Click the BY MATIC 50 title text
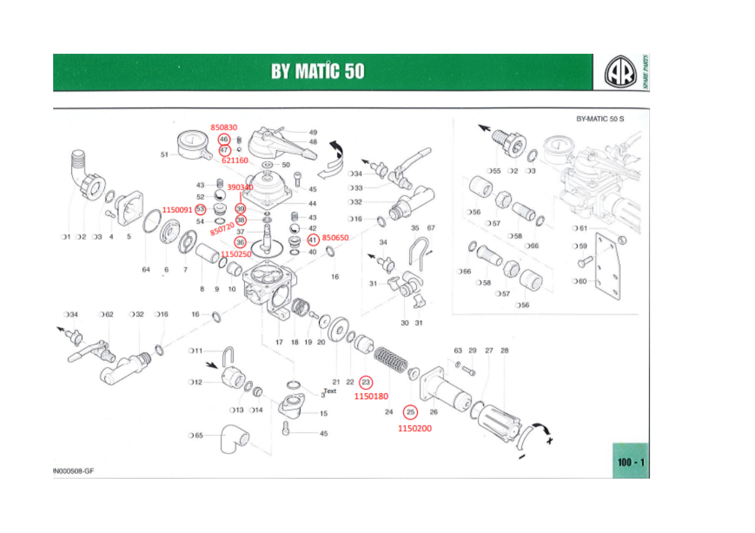click(318, 71)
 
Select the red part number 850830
click(223, 126)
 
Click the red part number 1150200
click(414, 427)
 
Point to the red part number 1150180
click(371, 396)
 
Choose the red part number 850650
click(335, 238)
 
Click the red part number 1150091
click(177, 210)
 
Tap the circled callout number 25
click(410, 411)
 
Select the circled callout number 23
click(365, 382)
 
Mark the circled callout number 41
click(313, 240)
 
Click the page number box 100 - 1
click(631, 462)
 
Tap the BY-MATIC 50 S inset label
click(600, 119)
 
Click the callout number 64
click(146, 270)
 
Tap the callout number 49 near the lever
click(313, 132)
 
